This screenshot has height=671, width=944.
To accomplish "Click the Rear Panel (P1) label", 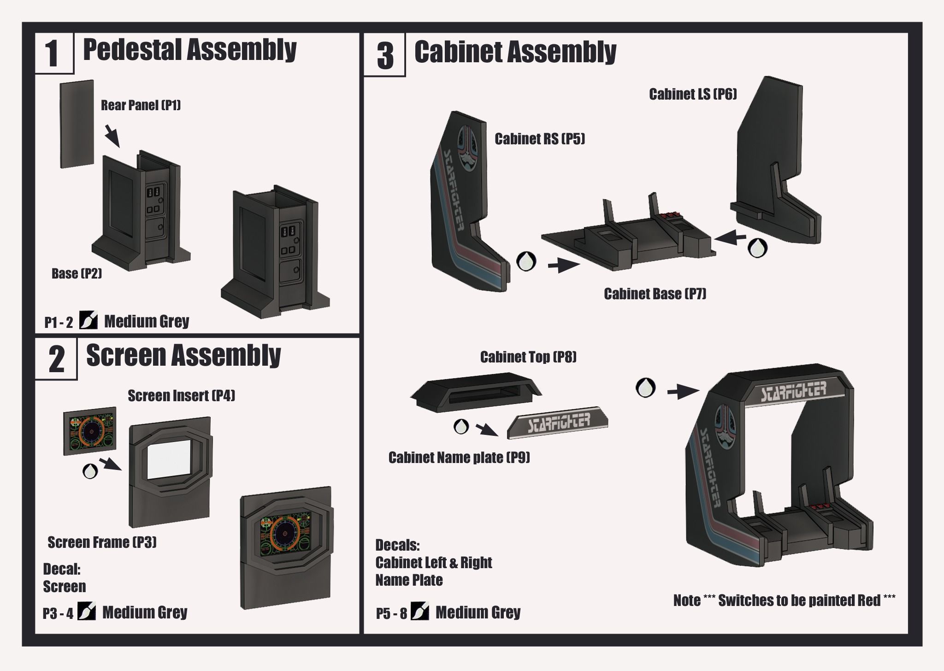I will [x=141, y=105].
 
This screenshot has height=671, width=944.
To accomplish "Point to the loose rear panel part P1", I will [x=77, y=124].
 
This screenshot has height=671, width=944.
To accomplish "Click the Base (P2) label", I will [x=77, y=273].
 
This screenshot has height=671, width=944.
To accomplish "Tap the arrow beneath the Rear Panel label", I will [x=112, y=136].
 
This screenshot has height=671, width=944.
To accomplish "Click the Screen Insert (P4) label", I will [x=181, y=396].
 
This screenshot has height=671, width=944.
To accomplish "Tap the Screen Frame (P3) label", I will [x=102, y=542].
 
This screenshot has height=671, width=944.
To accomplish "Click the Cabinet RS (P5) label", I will [x=540, y=139].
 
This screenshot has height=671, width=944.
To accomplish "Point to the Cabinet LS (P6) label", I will [x=693, y=94].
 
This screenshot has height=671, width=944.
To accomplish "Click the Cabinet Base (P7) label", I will [x=655, y=294].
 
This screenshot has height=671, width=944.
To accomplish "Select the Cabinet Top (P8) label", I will [x=528, y=357].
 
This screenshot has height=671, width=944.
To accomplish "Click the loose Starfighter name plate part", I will [x=558, y=422].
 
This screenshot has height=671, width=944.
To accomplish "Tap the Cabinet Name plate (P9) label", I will [x=459, y=457].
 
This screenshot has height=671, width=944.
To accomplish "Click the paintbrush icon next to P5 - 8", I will [x=419, y=612].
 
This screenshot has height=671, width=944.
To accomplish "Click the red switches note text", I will [x=784, y=600].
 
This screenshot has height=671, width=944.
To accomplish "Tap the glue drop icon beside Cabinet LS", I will [x=757, y=248].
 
